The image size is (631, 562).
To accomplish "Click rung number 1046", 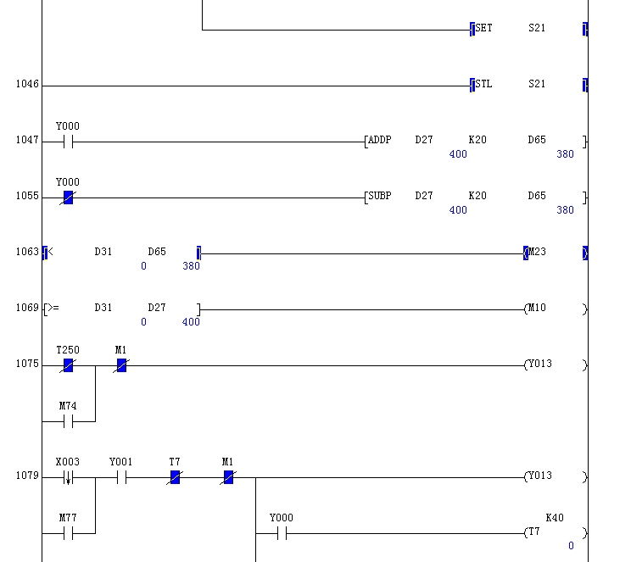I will [27, 85].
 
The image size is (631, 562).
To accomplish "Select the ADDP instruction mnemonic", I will [379, 140].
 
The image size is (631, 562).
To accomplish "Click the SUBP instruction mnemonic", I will [379, 196].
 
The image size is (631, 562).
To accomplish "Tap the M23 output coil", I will [537, 253].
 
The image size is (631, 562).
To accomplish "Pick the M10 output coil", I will [537, 309].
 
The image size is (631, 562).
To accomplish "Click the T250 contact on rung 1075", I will [68, 365].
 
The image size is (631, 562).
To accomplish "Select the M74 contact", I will [68, 421].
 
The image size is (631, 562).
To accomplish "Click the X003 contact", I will [68, 477].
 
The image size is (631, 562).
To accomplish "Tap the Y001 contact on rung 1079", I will [121, 477].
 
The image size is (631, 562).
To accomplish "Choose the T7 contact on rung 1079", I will [175, 477].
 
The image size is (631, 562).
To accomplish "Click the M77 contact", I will [68, 533].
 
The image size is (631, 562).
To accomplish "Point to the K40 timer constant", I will [555, 518].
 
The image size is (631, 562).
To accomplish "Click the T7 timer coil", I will [534, 532].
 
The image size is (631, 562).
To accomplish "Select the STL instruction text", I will [483, 84].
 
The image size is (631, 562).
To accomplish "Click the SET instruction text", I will [483, 28].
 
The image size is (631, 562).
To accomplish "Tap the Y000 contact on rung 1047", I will [68, 142].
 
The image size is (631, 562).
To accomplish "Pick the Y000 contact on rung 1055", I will [68, 198].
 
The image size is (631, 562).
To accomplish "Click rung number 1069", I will [27, 309].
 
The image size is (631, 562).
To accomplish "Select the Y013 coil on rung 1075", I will [539, 364].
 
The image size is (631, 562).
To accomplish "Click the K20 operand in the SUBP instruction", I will [477, 196].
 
